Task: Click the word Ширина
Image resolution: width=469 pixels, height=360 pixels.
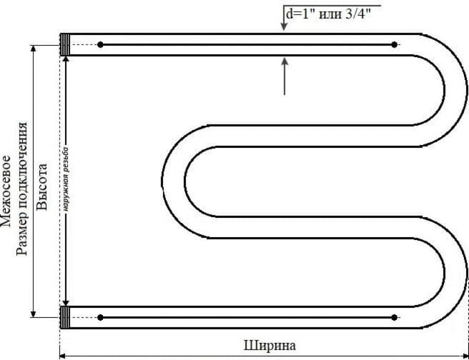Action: click(x=270, y=346)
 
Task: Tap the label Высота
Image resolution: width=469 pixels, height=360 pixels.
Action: click(x=42, y=186)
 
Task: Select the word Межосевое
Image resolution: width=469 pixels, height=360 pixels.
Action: click(x=5, y=191)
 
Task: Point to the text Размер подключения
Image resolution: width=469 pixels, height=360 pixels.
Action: click(x=21, y=189)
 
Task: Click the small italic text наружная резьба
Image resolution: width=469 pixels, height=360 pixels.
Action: click(x=66, y=179)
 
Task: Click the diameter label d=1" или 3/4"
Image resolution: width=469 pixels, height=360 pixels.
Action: click(x=328, y=14)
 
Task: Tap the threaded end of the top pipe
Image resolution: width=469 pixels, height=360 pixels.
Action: click(x=65, y=44)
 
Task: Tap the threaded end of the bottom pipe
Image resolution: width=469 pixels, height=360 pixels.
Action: click(x=65, y=317)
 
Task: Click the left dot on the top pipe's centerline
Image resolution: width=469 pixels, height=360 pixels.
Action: click(x=100, y=45)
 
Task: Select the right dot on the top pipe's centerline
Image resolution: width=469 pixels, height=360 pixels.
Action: click(x=394, y=45)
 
